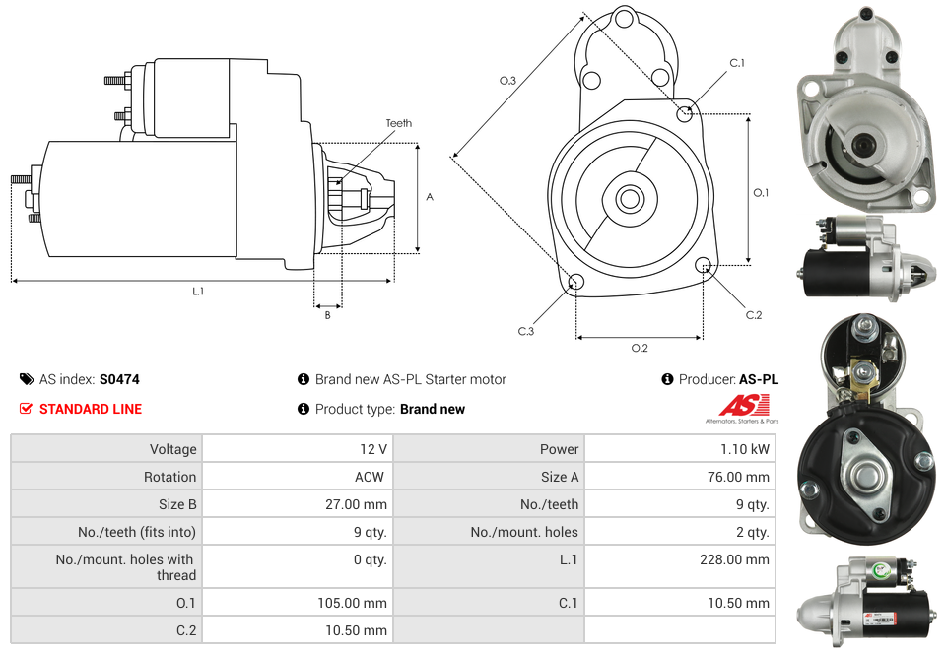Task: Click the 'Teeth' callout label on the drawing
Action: pyautogui.click(x=398, y=123)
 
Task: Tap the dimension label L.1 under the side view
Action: pyautogui.click(x=198, y=292)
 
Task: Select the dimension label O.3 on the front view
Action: pyautogui.click(x=507, y=81)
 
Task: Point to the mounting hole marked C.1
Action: pyautogui.click(x=685, y=113)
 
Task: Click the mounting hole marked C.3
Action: pyautogui.click(x=576, y=284)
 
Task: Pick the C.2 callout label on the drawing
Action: pyautogui.click(x=753, y=315)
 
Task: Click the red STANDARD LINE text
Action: pyautogui.click(x=91, y=409)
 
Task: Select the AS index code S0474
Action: pyautogui.click(x=119, y=379)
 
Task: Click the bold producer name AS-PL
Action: pyautogui.click(x=758, y=379)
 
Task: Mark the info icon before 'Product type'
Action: pyautogui.click(x=304, y=409)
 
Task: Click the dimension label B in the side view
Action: pyautogui.click(x=327, y=315)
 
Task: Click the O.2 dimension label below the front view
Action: pyautogui.click(x=640, y=347)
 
